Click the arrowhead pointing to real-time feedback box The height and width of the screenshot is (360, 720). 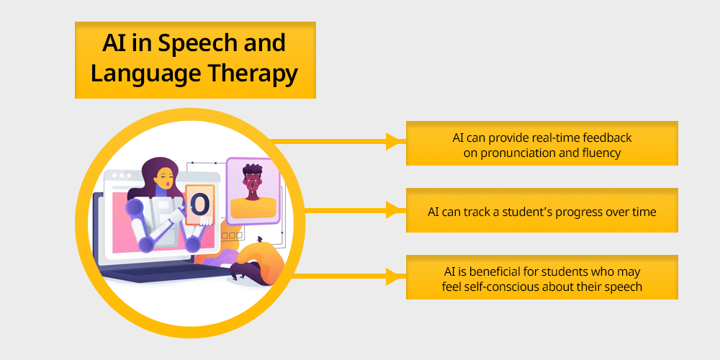click(x=394, y=141)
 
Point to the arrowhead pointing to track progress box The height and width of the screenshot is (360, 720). click(x=394, y=210)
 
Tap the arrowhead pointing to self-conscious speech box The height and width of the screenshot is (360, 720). click(x=394, y=276)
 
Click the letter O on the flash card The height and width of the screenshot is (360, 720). click(x=199, y=205)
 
